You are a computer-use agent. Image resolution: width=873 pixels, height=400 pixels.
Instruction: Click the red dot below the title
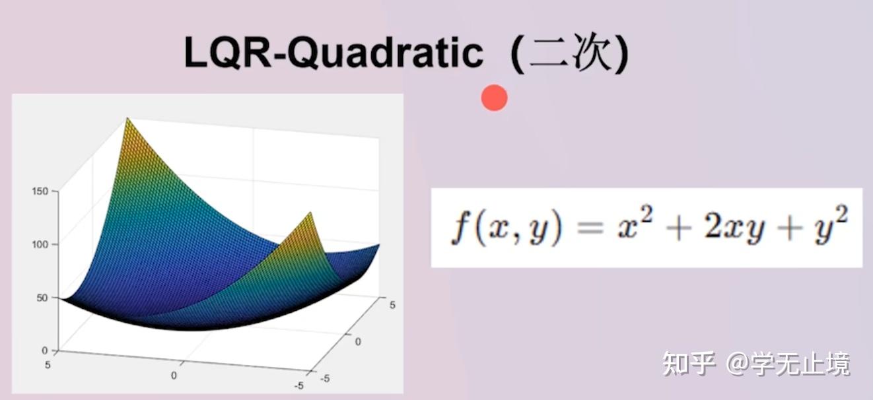pos(494,98)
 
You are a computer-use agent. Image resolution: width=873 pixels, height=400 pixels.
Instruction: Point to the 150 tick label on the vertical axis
pos(40,191)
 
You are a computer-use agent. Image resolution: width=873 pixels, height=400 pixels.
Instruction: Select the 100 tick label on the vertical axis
pos(40,245)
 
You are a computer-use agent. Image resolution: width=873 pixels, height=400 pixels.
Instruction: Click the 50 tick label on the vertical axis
pos(42,298)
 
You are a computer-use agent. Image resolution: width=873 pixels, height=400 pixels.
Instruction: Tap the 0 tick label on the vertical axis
pos(45,350)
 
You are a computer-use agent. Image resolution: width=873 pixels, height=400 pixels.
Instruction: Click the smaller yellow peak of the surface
pos(310,213)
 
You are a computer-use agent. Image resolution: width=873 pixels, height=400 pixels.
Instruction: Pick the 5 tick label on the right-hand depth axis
pos(392,305)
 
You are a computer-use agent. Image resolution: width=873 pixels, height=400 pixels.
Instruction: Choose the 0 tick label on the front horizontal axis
pos(174,376)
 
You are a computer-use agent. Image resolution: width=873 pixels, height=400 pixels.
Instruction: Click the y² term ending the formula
pos(831,225)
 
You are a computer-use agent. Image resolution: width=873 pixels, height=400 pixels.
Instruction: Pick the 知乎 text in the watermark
pos(689,364)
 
